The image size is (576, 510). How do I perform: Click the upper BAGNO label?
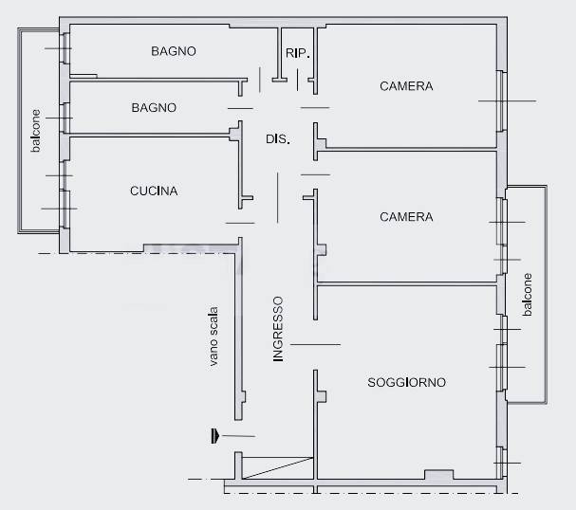[x=174, y=51]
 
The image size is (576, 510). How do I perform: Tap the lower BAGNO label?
[x=154, y=107]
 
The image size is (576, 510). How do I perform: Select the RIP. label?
[x=298, y=53]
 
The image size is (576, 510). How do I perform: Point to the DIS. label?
[x=278, y=139]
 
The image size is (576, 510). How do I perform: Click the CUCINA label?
[x=154, y=191]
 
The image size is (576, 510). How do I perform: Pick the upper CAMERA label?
[x=406, y=86]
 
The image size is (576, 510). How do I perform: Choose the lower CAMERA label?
[x=406, y=217]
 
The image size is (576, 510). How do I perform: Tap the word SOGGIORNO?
[x=407, y=382]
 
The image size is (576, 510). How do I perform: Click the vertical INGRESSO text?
[x=278, y=329]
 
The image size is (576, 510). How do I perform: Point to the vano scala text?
[x=214, y=337]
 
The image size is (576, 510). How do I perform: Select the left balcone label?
[x=36, y=131]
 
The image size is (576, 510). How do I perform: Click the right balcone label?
[x=528, y=295]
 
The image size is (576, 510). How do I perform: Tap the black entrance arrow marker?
[x=214, y=436]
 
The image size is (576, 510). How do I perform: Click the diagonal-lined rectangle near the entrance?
[x=277, y=468]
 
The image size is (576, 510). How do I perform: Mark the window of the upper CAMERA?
[x=502, y=100]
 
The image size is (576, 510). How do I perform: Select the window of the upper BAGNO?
[x=65, y=48]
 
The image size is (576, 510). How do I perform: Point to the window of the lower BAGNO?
[x=65, y=118]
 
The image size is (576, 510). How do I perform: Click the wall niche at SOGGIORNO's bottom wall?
[x=439, y=474]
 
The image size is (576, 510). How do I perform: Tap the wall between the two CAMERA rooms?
[x=407, y=150]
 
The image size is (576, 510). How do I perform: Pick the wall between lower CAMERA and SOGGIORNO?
[x=407, y=283]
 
